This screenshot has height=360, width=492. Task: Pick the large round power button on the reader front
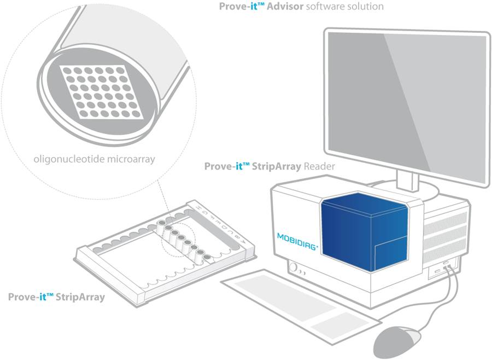click(x=295, y=269)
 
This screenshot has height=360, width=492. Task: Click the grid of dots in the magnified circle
click(x=102, y=91)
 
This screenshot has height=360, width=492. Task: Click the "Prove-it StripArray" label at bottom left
click(x=56, y=298)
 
